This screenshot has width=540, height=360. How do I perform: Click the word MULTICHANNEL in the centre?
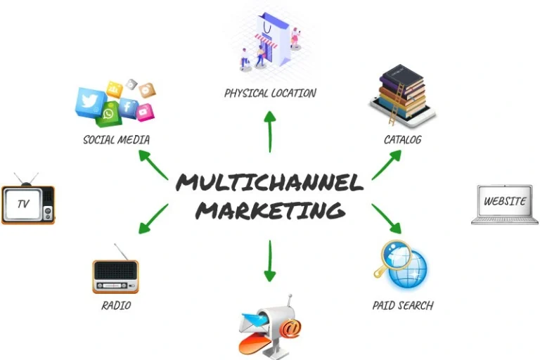point(270,182)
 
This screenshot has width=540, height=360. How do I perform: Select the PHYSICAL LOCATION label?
point(270,93)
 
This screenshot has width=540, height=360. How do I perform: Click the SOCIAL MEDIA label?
point(116,139)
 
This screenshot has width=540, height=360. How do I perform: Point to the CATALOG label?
point(403,139)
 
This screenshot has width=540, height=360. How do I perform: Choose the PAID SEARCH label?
point(403,305)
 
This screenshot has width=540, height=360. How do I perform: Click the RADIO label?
point(116,305)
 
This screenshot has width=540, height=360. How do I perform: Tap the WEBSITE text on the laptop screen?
point(505,201)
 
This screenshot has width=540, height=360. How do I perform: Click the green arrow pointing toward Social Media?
point(153,165)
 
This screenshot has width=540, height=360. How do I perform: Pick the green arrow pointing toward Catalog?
point(386,165)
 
